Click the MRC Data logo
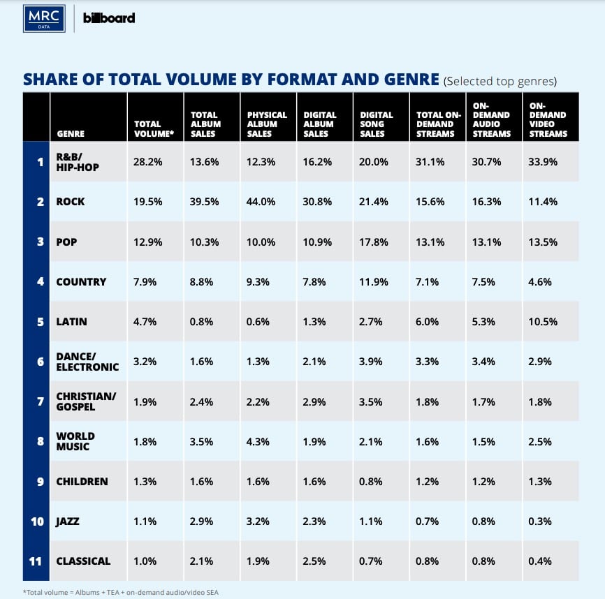(44, 18)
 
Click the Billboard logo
(109, 18)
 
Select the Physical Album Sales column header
(267, 124)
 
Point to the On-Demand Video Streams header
(548, 119)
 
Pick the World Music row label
(75, 441)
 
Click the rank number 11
(36, 561)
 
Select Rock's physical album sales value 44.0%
(261, 202)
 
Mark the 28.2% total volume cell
(148, 162)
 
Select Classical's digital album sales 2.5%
(316, 561)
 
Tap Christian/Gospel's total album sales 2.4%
(203, 401)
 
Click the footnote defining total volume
(122, 592)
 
